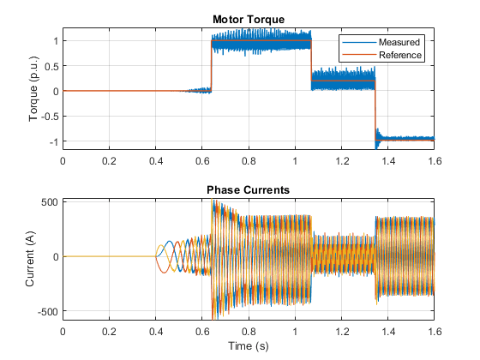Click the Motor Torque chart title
click(x=249, y=20)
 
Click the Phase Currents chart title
click(x=249, y=190)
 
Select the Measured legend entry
click(x=399, y=42)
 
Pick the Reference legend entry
click(x=400, y=55)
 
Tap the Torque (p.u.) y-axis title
click(x=33, y=89)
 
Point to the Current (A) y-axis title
click(x=30, y=259)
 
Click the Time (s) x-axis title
click(x=249, y=346)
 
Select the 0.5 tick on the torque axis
click(x=51, y=66)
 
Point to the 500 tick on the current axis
click(x=50, y=202)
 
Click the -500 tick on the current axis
click(x=48, y=312)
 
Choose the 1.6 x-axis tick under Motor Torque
click(x=435, y=161)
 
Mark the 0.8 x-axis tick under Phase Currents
click(x=249, y=332)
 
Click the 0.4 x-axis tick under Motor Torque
click(x=156, y=161)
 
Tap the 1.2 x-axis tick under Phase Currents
click(x=342, y=332)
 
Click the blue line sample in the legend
click(x=359, y=42)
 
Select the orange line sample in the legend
click(x=359, y=55)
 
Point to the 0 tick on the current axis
click(x=56, y=257)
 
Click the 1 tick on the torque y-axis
click(x=56, y=41)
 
